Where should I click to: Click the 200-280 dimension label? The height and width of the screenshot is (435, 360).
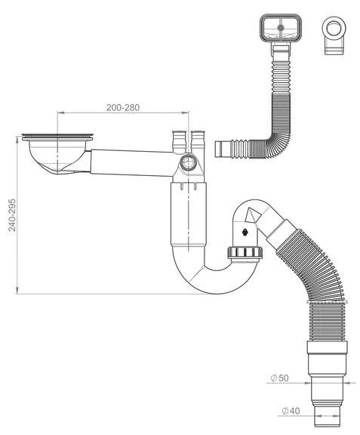123,108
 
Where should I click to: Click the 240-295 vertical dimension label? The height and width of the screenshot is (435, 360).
12,215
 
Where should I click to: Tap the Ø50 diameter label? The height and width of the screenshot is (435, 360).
279,378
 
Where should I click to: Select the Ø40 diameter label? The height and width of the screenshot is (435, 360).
291,411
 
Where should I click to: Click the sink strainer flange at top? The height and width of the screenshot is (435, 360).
57,136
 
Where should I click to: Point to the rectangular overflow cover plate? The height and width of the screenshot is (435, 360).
281,28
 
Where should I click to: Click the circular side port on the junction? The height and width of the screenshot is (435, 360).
189,162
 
